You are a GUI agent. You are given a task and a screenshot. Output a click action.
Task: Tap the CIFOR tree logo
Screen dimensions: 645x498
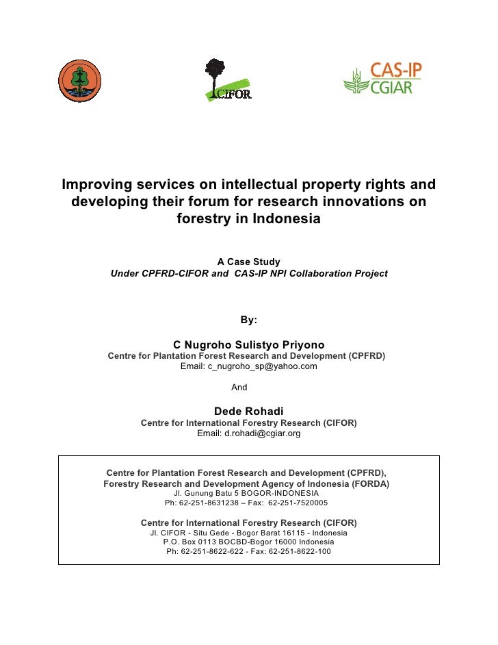(226, 80)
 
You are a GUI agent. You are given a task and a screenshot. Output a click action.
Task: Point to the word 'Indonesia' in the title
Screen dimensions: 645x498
(287, 220)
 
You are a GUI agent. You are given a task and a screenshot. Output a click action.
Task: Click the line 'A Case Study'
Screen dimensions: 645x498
(248, 262)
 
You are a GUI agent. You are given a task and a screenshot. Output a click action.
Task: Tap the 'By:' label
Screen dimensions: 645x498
(248, 319)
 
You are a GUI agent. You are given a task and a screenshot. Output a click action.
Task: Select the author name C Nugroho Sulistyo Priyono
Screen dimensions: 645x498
(248, 344)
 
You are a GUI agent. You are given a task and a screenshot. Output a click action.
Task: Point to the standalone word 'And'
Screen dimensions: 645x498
(239, 388)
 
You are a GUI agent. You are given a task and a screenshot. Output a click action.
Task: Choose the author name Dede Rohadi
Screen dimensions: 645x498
(248, 411)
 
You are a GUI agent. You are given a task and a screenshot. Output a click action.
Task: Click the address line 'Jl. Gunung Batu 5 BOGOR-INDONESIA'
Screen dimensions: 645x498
(246, 492)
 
